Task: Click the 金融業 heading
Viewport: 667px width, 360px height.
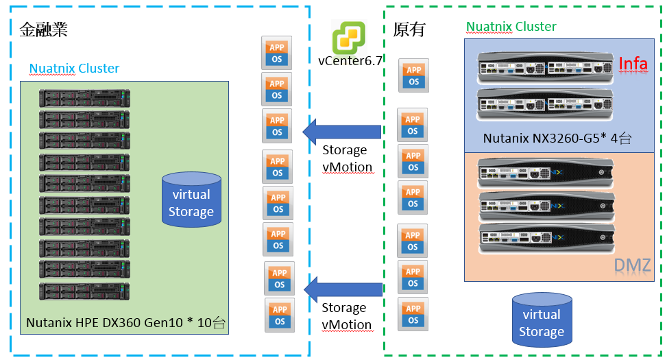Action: click(43, 29)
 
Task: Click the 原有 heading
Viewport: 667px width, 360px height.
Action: click(409, 29)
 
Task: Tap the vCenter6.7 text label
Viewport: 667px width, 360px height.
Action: click(350, 60)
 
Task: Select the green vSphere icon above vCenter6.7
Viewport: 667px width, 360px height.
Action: click(349, 37)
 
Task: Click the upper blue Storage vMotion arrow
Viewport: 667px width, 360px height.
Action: click(342, 131)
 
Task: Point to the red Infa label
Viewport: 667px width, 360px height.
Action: click(633, 64)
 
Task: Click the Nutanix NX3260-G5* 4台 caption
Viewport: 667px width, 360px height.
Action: click(557, 138)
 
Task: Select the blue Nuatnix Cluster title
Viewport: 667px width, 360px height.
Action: click(74, 69)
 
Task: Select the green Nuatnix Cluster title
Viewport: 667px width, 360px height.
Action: click(511, 27)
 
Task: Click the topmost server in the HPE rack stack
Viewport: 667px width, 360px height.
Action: click(84, 97)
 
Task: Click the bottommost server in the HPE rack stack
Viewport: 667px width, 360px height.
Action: click(84, 291)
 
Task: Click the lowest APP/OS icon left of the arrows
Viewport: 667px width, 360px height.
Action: click(280, 315)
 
